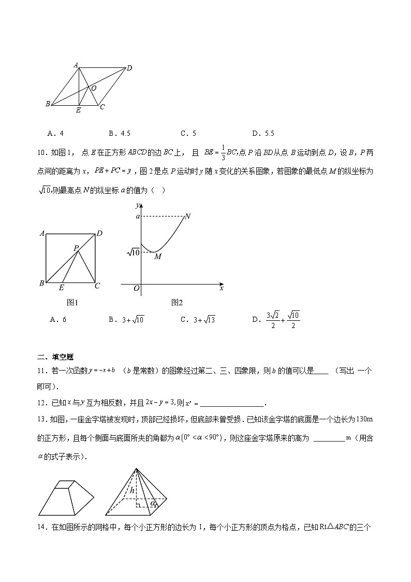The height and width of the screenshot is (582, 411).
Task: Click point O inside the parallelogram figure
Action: pyautogui.click(x=93, y=89)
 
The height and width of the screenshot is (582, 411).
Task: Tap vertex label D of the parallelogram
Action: pyautogui.click(x=129, y=68)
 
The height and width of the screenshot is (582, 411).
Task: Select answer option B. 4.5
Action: pyautogui.click(x=120, y=133)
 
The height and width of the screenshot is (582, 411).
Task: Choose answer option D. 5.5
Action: pyautogui.click(x=262, y=133)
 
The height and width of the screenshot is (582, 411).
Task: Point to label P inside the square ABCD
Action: pyautogui.click(x=76, y=248)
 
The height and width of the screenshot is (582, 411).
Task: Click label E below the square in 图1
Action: pyautogui.click(x=62, y=288)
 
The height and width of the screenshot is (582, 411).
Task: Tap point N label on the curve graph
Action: pyautogui.click(x=188, y=216)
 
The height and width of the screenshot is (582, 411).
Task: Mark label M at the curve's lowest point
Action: pyautogui.click(x=158, y=257)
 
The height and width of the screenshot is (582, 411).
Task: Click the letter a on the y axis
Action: pyautogui.click(x=138, y=216)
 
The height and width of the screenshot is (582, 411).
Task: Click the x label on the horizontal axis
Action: pyautogui.click(x=222, y=288)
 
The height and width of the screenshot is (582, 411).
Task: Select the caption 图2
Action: pyautogui.click(x=177, y=303)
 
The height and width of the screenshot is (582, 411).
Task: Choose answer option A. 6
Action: pyautogui.click(x=58, y=320)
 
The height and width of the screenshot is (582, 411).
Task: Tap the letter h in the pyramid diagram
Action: pyautogui.click(x=133, y=490)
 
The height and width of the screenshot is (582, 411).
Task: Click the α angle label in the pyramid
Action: pyautogui.click(x=153, y=502)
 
